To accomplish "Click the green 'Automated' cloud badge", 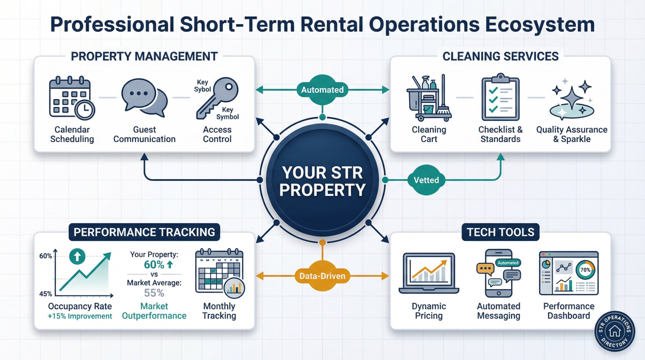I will click(322, 90).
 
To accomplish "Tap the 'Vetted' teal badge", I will click(426, 180).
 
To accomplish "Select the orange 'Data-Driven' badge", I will click(322, 276).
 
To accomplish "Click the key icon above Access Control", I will click(217, 97).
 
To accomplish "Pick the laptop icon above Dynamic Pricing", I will click(429, 273).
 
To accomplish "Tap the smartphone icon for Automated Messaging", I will click(499, 273).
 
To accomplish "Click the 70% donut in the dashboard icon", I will click(585, 270).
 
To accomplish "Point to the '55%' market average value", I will click(154, 293).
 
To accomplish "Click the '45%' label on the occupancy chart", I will click(45, 294).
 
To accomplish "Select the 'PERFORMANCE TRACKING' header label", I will click(144, 232).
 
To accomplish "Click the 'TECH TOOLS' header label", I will click(501, 232).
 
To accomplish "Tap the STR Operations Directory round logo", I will click(615, 331).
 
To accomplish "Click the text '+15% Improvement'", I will click(80, 316).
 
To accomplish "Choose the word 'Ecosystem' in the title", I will click(540, 25).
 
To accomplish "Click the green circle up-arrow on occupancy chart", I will click(77, 256).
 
